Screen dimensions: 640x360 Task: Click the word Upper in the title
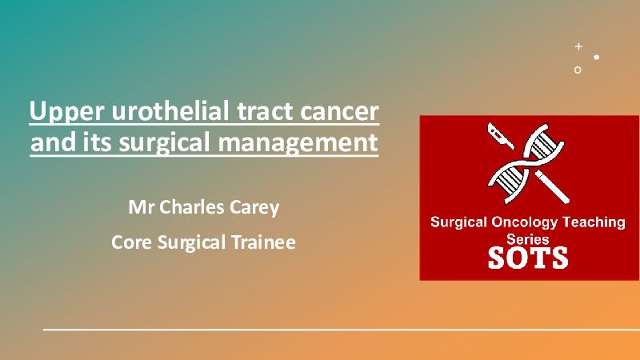[66, 111]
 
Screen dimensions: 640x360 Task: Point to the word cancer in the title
[339, 112]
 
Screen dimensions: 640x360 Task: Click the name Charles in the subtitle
[191, 207]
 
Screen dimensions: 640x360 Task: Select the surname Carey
[254, 208]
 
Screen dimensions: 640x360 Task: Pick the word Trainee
[264, 242]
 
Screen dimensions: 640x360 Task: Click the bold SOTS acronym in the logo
[528, 258]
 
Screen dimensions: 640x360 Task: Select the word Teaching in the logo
[594, 222]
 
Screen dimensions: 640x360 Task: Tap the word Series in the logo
[527, 238]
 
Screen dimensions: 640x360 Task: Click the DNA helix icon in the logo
[526, 162]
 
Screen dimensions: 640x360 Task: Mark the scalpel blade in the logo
[501, 136]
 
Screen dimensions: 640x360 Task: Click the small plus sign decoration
[578, 46]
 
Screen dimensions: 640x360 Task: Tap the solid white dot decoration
[596, 57]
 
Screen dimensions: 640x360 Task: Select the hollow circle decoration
[578, 70]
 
